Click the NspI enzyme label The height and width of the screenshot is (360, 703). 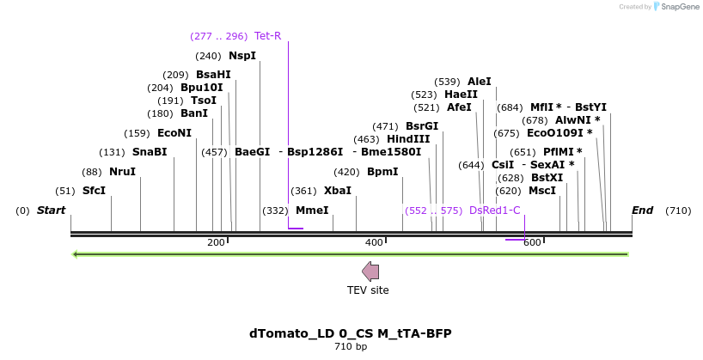coord(241,56)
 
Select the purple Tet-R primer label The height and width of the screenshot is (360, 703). coord(267,36)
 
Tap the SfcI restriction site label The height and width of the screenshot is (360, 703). coord(94,191)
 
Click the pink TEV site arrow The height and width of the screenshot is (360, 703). coord(370,272)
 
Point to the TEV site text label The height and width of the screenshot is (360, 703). coord(368,290)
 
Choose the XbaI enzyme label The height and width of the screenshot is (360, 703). coord(337,191)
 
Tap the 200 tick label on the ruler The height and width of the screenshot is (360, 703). coord(216,243)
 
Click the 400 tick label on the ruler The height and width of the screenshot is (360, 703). coord(374,243)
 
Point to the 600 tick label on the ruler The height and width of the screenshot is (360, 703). coord(532,243)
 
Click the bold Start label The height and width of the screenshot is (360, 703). coord(51,211)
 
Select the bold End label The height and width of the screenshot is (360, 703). coord(642,211)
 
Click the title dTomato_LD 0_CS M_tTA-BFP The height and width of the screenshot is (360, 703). coord(350,333)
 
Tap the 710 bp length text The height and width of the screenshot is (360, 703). coord(351,347)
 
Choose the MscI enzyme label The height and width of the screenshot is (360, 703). coord(541,191)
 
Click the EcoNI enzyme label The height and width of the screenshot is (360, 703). coord(174,133)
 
